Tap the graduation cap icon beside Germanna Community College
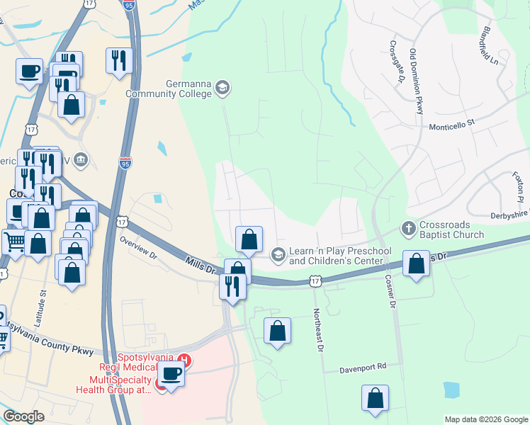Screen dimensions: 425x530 [x=222, y=87]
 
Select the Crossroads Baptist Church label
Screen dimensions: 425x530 [x=451, y=229]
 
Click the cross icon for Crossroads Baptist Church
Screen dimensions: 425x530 [x=408, y=229]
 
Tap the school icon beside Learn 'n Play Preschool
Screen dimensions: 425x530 [x=278, y=253]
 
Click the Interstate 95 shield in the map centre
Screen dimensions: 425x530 [x=125, y=163]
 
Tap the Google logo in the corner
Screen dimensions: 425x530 [x=24, y=417]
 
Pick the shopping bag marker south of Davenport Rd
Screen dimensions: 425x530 [x=375, y=399]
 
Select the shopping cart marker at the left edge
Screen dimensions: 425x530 [x=14, y=242]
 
